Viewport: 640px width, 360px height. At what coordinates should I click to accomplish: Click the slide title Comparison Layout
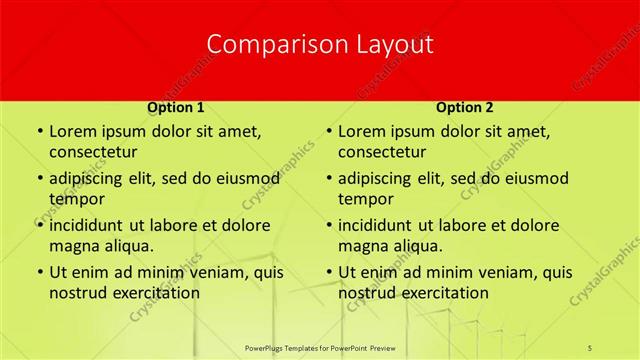click(x=320, y=44)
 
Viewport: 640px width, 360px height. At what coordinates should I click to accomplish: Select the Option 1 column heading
click(x=176, y=106)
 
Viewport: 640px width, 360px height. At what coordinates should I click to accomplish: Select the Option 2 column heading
click(x=465, y=106)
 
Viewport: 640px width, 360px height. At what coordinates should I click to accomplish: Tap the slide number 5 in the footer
click(x=590, y=347)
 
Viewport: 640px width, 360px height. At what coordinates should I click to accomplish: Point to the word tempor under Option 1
click(x=76, y=198)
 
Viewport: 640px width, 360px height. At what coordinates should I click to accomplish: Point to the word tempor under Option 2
click(x=365, y=198)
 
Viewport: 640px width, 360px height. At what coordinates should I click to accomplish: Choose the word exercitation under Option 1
click(x=157, y=293)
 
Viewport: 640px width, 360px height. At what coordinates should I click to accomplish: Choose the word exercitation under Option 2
click(x=446, y=293)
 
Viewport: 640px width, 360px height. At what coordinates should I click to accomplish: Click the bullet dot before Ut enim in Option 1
click(x=39, y=272)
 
